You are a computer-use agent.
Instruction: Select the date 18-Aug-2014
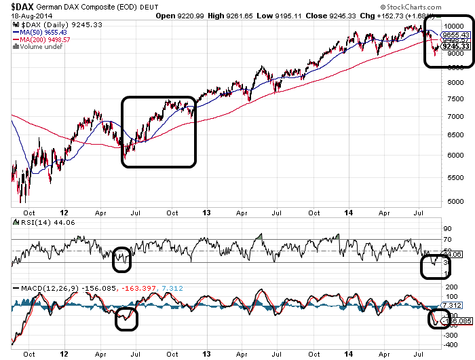[28, 15]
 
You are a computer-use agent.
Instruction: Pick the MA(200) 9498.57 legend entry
[45, 39]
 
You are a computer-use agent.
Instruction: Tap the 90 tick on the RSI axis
[447, 228]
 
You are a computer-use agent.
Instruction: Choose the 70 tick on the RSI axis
[447, 240]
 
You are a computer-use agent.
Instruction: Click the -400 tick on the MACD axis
[449, 346]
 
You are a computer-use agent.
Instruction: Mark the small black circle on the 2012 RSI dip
[121, 257]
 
